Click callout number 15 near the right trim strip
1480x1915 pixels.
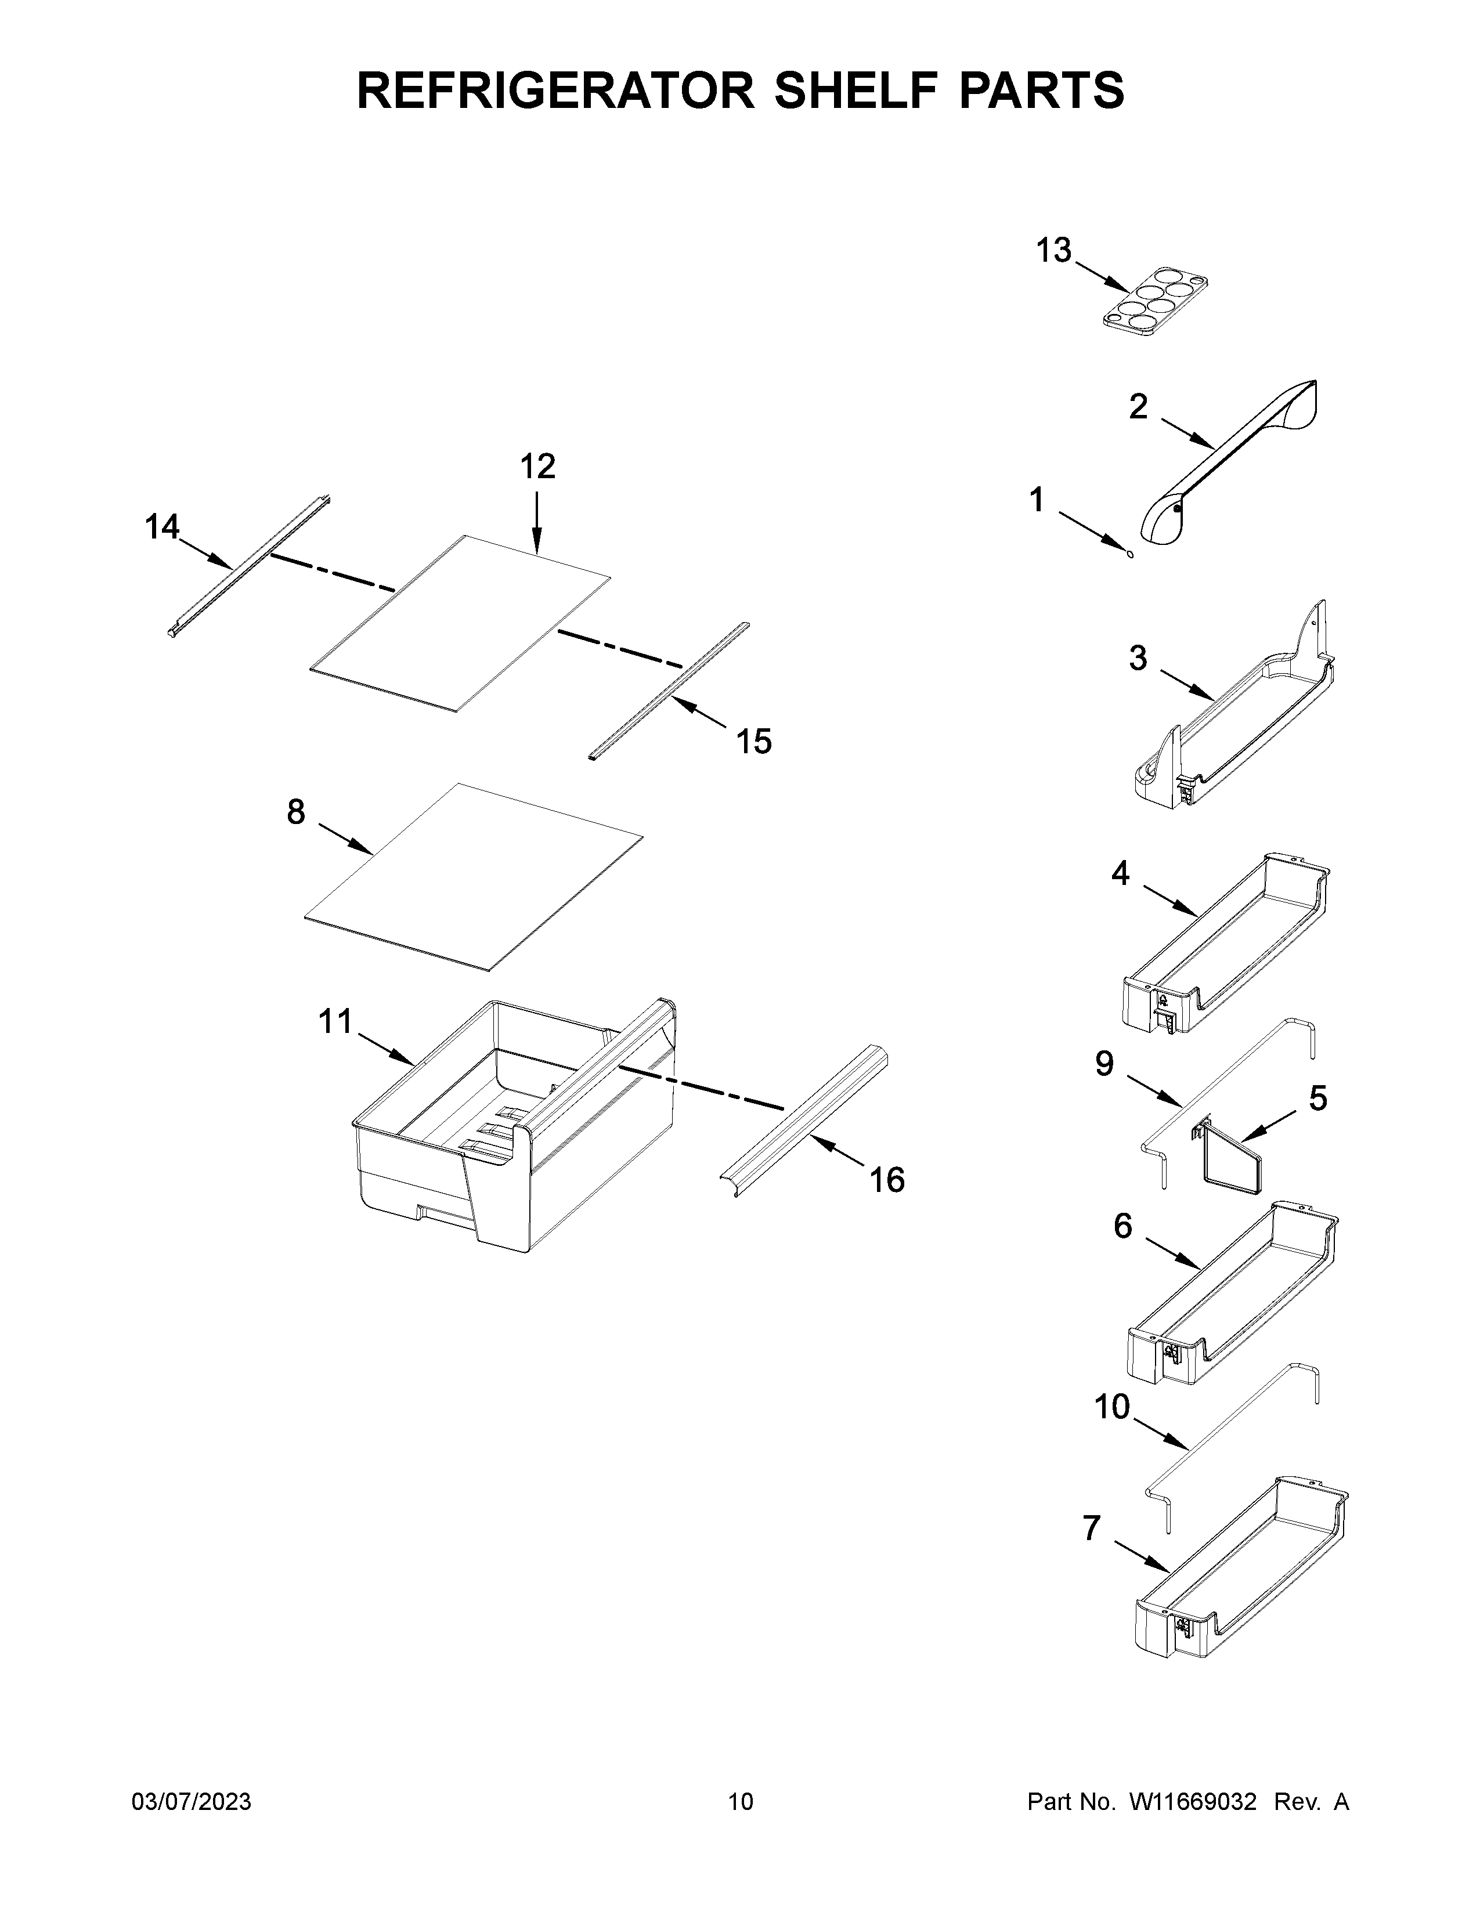pyautogui.click(x=753, y=742)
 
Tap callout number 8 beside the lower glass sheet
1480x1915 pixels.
pyautogui.click(x=297, y=812)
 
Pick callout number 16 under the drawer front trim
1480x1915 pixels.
pyautogui.click(x=886, y=1180)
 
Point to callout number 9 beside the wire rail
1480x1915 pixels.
pyautogui.click(x=1104, y=1064)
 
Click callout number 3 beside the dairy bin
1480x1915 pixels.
pyautogui.click(x=1138, y=657)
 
